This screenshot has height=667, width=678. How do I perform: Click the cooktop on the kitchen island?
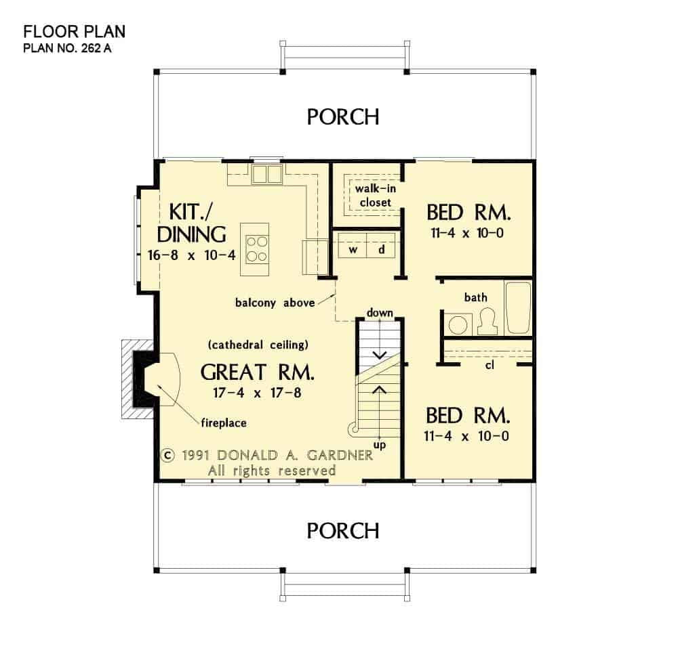pos(256,249)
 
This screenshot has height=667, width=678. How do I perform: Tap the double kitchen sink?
pos(267,173)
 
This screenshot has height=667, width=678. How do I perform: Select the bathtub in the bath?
pos(518,307)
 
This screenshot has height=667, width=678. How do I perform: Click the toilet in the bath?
pos(487,322)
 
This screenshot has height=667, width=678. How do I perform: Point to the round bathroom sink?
pos(458,324)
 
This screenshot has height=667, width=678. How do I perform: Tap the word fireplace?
pos(224,423)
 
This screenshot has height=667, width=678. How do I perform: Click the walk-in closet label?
pos(376,195)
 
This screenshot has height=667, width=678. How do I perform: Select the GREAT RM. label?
pos(257,372)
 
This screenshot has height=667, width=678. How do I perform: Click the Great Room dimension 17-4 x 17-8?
pos(257,393)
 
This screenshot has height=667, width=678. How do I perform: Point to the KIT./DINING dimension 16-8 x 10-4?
pos(192,255)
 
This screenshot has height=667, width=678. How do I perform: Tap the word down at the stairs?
pos(380,312)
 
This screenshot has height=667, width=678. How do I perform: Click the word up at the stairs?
pos(379,445)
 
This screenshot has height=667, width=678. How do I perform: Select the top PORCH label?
pos(343,116)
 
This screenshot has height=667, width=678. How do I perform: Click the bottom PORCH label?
pos(343,530)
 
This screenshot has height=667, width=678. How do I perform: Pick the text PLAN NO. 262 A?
pos(67,48)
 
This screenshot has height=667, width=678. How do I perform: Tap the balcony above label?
pos(275,303)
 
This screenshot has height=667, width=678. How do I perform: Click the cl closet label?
pos(489,365)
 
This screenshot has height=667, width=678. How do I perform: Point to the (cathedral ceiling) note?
pos(258,345)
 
